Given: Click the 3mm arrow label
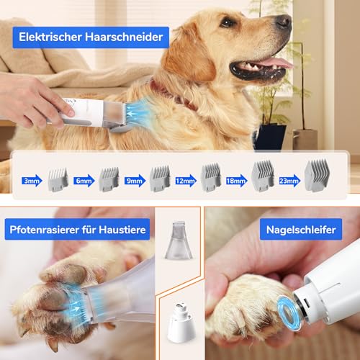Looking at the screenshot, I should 32,181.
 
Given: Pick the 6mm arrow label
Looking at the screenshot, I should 84,181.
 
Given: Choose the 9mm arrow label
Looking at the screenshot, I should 135,181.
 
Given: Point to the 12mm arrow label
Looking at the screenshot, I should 186,181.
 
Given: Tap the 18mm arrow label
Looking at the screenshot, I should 237,181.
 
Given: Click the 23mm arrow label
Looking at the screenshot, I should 289,181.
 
